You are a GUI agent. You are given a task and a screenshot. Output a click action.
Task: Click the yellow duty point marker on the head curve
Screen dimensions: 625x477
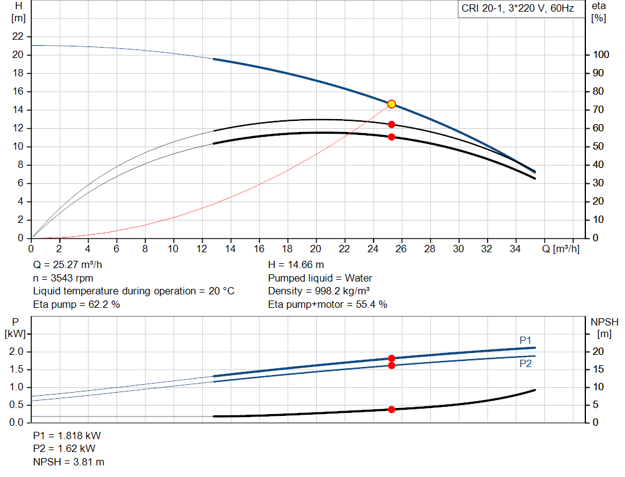click(x=391, y=104)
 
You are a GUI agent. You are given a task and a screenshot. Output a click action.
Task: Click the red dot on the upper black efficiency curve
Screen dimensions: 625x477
click(x=391, y=125)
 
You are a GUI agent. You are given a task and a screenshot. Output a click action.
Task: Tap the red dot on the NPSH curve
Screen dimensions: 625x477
click(x=391, y=410)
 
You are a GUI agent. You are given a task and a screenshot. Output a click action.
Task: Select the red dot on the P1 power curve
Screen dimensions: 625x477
click(x=391, y=359)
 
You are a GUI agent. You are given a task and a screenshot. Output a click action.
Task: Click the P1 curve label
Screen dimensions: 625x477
click(x=526, y=340)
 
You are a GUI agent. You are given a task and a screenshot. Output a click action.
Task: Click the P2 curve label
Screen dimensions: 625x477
click(x=526, y=364)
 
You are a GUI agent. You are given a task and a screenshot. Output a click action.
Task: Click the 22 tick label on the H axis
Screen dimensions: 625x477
click(x=18, y=36)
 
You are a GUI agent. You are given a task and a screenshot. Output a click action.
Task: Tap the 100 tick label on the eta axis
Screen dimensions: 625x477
click(x=601, y=54)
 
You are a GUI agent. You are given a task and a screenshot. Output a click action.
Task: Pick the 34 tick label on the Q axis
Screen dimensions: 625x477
click(x=515, y=249)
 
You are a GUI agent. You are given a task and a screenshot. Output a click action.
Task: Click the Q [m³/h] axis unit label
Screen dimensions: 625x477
click(x=561, y=249)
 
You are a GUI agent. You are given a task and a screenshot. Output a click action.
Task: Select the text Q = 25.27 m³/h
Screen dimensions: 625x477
click(x=67, y=265)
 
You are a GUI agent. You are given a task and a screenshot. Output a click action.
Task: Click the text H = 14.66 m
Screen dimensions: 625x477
click(x=296, y=265)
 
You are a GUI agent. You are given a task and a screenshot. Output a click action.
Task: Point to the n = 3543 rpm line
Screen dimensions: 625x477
click(x=63, y=278)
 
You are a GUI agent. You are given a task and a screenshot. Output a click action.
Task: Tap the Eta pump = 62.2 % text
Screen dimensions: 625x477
click(x=76, y=304)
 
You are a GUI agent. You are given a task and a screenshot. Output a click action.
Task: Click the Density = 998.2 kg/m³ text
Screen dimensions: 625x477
click(x=319, y=291)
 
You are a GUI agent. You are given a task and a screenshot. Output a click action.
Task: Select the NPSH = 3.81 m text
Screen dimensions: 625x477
click(x=68, y=462)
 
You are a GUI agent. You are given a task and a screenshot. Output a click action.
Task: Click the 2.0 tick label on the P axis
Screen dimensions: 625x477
click(x=16, y=351)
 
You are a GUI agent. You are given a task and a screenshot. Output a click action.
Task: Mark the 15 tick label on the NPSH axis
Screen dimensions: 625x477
click(x=598, y=370)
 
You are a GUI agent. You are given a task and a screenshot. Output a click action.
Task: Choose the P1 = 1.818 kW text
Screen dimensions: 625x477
click(x=67, y=435)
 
